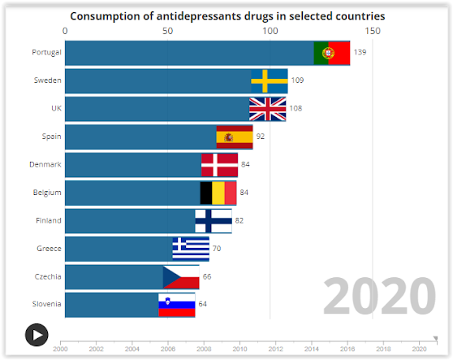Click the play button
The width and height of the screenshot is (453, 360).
coord(36,334)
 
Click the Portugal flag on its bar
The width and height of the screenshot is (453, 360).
coord(331,53)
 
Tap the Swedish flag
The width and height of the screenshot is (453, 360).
coord(269,80)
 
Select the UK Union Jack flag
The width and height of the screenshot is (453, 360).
coord(267,109)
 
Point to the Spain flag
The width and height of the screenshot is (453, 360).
coord(234,137)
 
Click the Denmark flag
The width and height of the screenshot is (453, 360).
coord(219,165)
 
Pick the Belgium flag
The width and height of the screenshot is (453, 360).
coord(218,193)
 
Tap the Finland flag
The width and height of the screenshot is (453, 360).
coord(213,221)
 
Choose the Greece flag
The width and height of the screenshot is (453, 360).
coord(191,249)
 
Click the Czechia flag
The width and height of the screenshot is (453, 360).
coord(181,277)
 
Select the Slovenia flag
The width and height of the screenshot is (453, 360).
coord(176,305)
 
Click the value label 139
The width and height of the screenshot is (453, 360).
coord(360,53)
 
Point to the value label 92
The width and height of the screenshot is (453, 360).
coord(261,137)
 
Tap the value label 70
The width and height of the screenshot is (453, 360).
coord(217,249)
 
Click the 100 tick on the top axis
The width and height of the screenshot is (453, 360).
coord(270,30)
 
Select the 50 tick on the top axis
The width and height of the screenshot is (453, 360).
coord(167,30)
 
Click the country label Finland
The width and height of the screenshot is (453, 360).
coord(48,221)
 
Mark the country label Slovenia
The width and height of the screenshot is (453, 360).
coord(47,305)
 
